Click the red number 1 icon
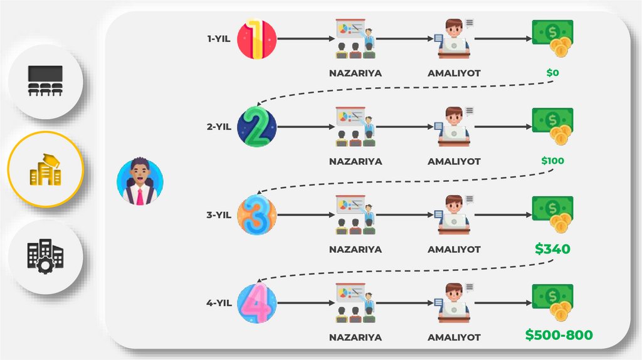coord(257,39)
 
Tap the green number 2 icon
coord(257,127)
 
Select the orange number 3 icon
coord(257,215)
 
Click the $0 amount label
coord(552,73)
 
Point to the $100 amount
coord(552,161)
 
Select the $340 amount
coord(552,249)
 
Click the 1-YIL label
coord(219,39)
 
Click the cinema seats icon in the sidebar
coord(46,82)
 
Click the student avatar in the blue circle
coord(140,181)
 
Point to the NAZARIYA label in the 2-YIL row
coord(355,161)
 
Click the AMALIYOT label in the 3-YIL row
coord(454,249)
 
